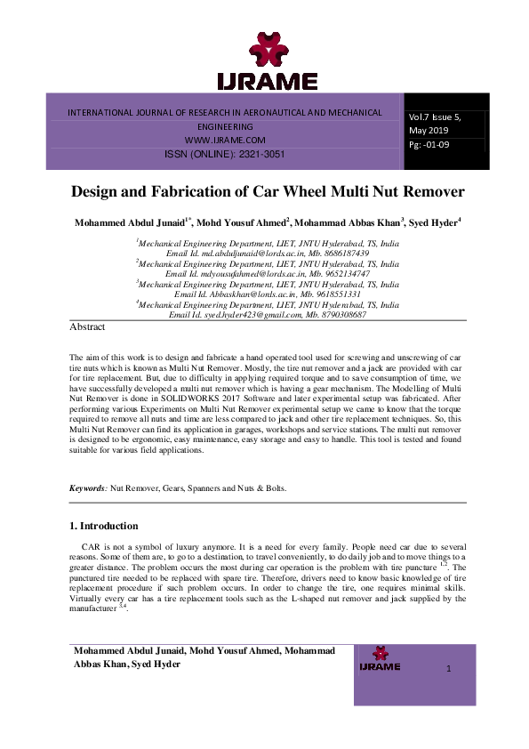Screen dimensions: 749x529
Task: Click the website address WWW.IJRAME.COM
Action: (225, 141)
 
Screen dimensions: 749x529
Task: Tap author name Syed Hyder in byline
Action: (434, 222)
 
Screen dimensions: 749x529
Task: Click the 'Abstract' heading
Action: (87, 327)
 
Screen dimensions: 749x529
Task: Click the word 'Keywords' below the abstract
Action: (88, 488)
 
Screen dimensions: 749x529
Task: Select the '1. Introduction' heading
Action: (103, 526)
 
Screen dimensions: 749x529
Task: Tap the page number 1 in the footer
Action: (449, 668)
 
